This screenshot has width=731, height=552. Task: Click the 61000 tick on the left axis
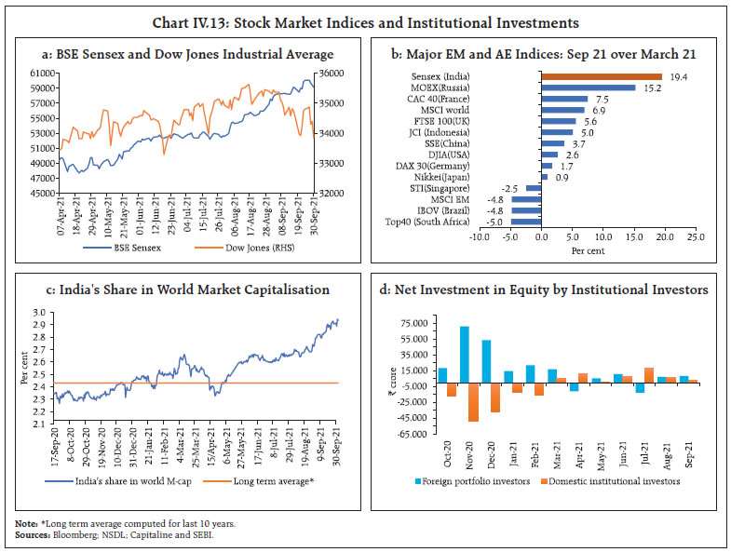coord(43,73)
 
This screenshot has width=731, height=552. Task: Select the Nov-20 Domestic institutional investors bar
coord(473,401)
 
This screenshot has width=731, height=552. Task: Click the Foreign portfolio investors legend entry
coord(484,481)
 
